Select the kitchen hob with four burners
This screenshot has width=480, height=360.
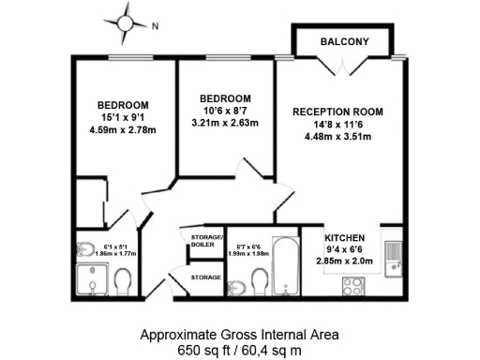354,285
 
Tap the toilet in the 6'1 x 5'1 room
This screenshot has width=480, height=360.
122,279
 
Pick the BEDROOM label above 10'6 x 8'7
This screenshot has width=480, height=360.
226,98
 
